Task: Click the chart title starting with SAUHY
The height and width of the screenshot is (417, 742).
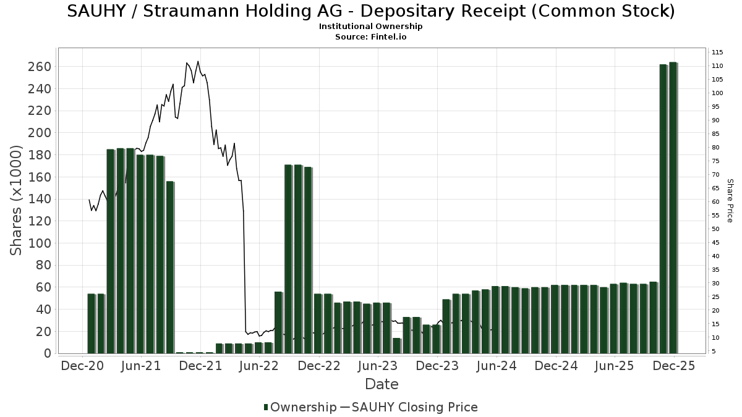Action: click(370, 11)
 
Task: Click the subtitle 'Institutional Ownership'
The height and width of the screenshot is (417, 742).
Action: click(370, 27)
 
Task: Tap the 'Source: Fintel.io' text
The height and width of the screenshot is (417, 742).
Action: click(370, 37)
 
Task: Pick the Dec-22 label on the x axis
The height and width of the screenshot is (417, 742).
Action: click(318, 366)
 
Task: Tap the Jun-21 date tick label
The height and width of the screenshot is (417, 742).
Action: click(141, 366)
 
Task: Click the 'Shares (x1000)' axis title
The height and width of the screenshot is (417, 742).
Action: click(17, 201)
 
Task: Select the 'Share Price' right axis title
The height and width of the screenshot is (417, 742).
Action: click(730, 201)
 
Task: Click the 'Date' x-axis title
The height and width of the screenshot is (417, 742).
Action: click(382, 384)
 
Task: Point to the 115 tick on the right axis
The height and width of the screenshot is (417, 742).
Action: click(718, 52)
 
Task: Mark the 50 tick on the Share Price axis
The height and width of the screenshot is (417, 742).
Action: click(717, 229)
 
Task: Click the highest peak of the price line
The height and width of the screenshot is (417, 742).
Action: click(198, 61)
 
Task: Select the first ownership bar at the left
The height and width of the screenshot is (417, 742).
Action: click(92, 323)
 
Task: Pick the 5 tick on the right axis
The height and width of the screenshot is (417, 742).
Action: click(714, 352)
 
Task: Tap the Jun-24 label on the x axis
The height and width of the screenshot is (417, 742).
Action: click(496, 366)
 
